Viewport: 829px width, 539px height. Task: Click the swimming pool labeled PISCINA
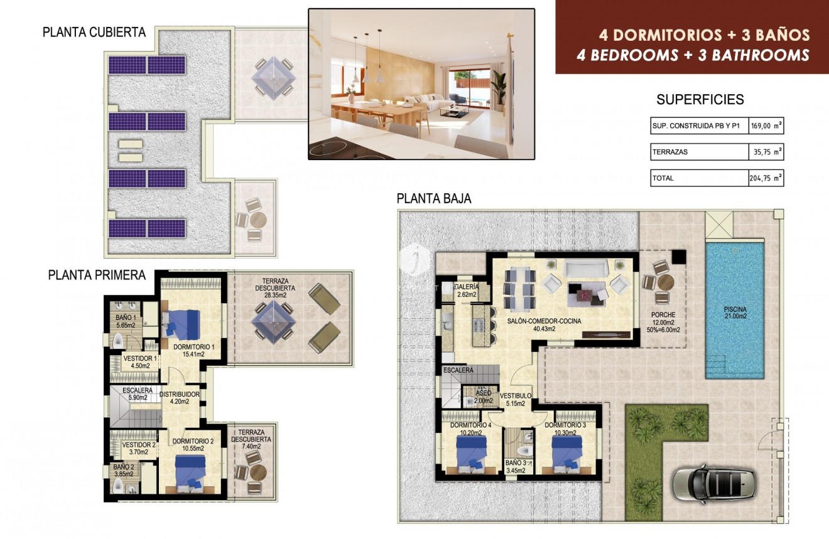tap(734, 311)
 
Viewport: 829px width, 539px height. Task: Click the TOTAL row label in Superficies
tap(663, 178)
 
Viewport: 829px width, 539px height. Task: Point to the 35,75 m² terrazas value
tap(769, 152)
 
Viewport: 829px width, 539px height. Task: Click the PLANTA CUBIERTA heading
tap(94, 33)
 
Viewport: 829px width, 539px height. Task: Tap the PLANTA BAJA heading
tap(434, 199)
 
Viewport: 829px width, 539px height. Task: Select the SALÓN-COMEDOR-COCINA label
tap(544, 321)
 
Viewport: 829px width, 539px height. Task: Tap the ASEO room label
tap(483, 393)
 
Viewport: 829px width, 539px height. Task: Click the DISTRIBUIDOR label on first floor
tap(179, 395)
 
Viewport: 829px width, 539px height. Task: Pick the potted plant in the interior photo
tap(499, 87)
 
